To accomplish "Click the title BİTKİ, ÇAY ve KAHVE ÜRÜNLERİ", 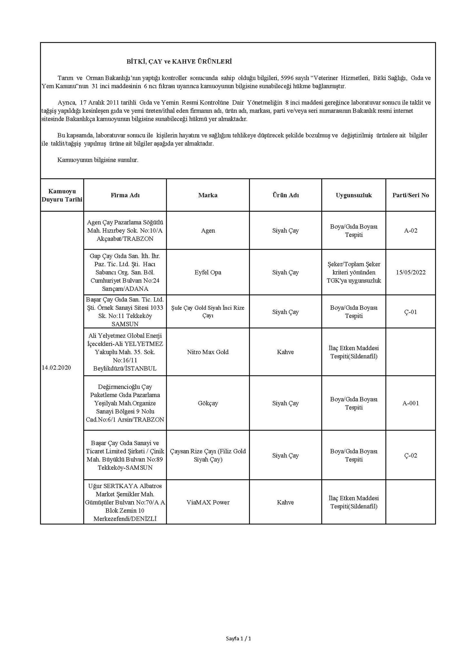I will pos(179,61).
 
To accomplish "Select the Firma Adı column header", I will pos(125,195).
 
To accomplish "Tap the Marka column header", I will pos(208,195).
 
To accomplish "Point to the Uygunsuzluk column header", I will pos(354,195).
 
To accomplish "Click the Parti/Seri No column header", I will pos(411,195).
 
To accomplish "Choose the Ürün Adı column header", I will pos(285,195).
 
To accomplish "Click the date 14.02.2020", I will pos(56,368).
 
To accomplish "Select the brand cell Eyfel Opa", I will pos(208,272).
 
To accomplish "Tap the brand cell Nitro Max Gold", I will pos(208,352).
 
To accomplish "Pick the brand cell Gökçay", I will pos(208,403).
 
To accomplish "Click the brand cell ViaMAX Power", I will pos(208,502).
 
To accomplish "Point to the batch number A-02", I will pos(411,231).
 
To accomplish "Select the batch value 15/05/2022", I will pos(411,272).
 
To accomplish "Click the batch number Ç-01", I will pos(411,312).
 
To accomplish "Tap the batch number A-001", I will pos(411,403).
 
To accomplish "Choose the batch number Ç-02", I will pos(411,455).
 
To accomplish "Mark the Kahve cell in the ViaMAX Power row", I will pos(285,502).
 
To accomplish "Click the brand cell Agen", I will pos(208,231).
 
